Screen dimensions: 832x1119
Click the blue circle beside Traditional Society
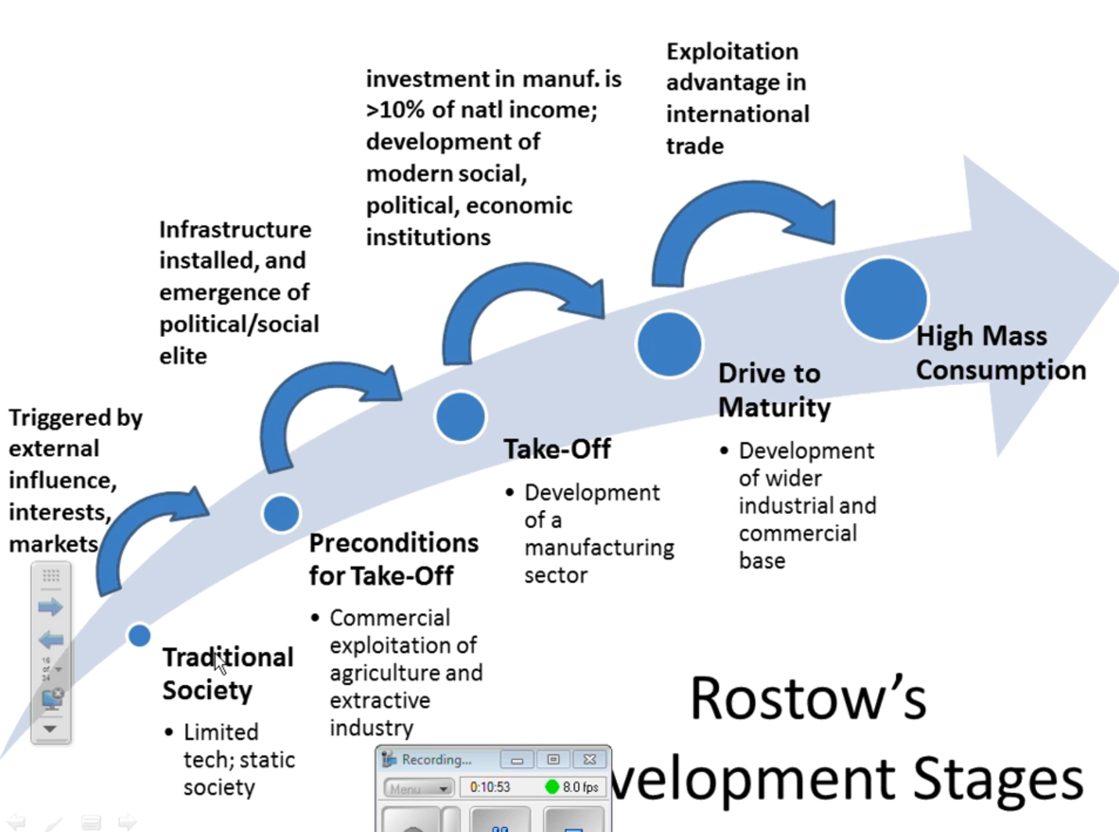pyautogui.click(x=139, y=635)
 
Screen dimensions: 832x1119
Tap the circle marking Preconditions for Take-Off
pyautogui.click(x=281, y=513)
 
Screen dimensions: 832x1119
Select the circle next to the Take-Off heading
pyautogui.click(x=460, y=416)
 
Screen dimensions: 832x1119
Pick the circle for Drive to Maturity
pyautogui.click(x=669, y=344)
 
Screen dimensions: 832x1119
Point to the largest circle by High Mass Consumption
pyautogui.click(x=884, y=299)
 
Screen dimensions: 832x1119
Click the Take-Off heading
pyautogui.click(x=557, y=449)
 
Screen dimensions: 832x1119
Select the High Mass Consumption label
pyautogui.click(x=1000, y=353)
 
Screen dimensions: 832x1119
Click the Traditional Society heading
pyautogui.click(x=227, y=673)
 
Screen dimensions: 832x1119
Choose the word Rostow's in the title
pyautogui.click(x=808, y=698)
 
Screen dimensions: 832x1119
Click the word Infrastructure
pyautogui.click(x=235, y=229)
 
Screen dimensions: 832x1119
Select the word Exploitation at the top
pyautogui.click(x=732, y=52)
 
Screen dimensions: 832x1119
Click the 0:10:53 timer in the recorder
pyautogui.click(x=490, y=787)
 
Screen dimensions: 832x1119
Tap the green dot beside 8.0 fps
pyautogui.click(x=551, y=787)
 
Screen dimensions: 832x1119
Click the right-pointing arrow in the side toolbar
pyautogui.click(x=50, y=607)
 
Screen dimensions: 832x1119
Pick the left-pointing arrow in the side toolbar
pyautogui.click(x=50, y=640)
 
